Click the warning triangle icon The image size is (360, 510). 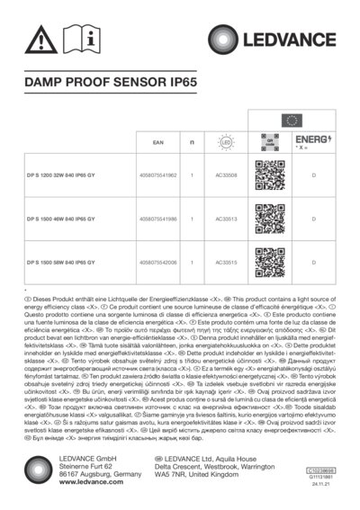(40, 39)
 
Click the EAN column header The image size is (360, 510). (157, 142)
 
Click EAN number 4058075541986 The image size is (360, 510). (158, 219)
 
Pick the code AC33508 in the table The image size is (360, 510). (227, 175)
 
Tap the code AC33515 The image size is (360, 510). (227, 262)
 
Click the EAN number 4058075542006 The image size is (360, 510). (158, 262)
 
